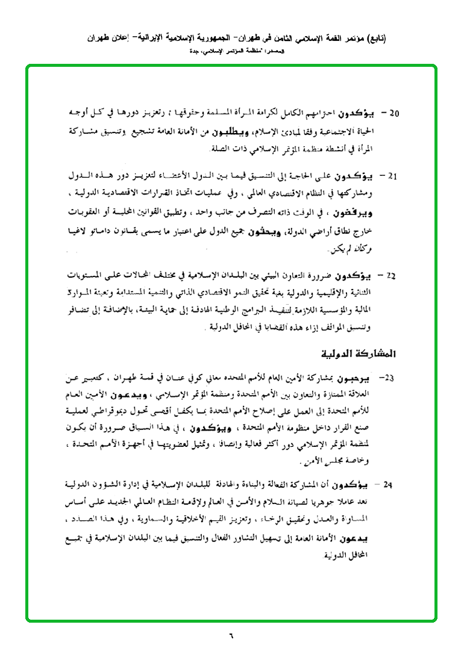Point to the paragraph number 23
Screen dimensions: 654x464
(389, 378)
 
